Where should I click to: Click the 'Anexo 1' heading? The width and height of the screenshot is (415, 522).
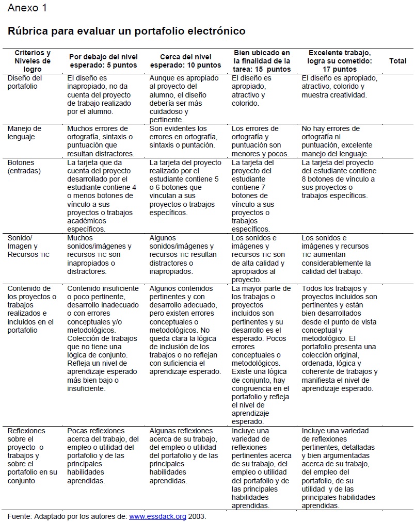click(x=26, y=8)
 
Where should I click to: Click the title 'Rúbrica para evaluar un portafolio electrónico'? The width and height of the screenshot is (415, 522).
click(x=126, y=31)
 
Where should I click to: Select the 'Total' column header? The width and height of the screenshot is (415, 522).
click(x=397, y=61)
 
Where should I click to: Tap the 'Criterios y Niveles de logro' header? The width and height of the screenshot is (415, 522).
click(x=33, y=61)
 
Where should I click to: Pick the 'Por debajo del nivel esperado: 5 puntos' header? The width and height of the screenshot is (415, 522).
click(x=103, y=61)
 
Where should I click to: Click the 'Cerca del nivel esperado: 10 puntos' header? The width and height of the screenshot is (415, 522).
click(x=185, y=61)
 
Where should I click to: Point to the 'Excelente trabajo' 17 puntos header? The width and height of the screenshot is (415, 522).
click(x=339, y=61)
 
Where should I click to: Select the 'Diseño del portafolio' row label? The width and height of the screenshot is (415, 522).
click(x=25, y=82)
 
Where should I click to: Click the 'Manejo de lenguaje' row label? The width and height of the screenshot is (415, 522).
click(x=24, y=133)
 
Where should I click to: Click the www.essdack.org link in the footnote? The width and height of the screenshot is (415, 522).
click(x=157, y=516)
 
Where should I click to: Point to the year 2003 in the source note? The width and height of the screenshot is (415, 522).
click(x=197, y=516)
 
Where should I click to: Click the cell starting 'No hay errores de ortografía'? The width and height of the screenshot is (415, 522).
click(x=336, y=141)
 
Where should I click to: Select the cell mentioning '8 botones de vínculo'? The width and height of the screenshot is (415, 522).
click(x=338, y=179)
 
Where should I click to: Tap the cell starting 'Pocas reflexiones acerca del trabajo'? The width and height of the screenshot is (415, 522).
click(x=103, y=455)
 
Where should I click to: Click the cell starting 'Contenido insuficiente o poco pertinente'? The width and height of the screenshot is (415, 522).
click(x=103, y=338)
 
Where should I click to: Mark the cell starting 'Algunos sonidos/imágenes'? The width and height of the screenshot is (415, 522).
click(x=183, y=255)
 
